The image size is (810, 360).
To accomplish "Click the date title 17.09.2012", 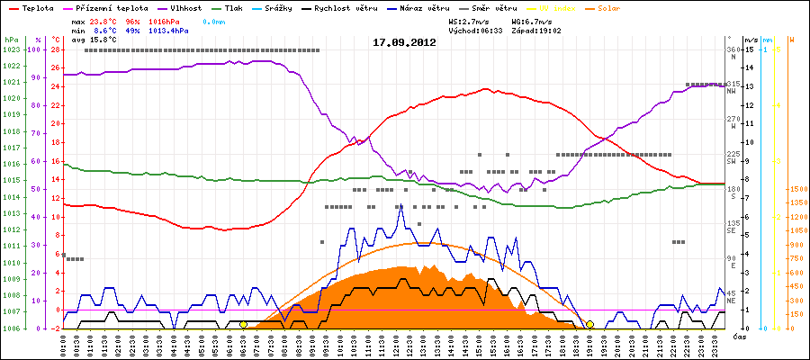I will tap(404, 41).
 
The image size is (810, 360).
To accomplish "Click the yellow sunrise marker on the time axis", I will tap(243, 325).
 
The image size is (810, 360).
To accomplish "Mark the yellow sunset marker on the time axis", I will tap(589, 325).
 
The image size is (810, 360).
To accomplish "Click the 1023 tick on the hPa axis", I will tap(11, 49).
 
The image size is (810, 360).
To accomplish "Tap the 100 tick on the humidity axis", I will tap(36, 49).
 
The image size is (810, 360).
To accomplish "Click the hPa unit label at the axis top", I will tap(11, 40).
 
